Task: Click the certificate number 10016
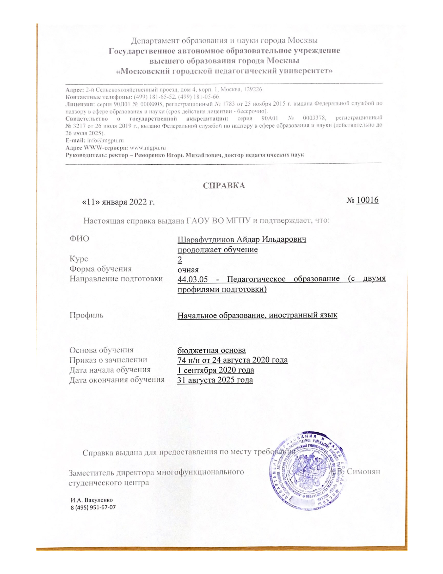pos(367,200)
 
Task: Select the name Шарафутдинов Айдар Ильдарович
pos(242,240)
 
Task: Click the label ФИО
pos(79,239)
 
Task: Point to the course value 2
pos(180,260)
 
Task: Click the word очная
pos(188,270)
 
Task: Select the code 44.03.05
pos(193,279)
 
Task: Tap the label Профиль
pos(86,315)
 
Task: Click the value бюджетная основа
pos(212,350)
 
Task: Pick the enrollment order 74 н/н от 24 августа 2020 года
pos(232,360)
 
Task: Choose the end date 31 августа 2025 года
pos(215,380)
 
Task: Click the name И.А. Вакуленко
pos(91,500)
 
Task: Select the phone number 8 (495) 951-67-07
pos(93,507)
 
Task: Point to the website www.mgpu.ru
pos(148,148)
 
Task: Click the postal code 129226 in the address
pos(253,89)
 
